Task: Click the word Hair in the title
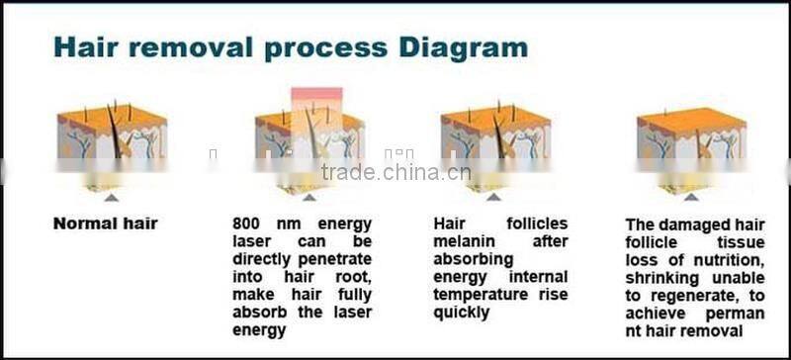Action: tap(88, 46)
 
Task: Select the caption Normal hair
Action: tap(105, 224)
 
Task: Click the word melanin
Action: tap(471, 241)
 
